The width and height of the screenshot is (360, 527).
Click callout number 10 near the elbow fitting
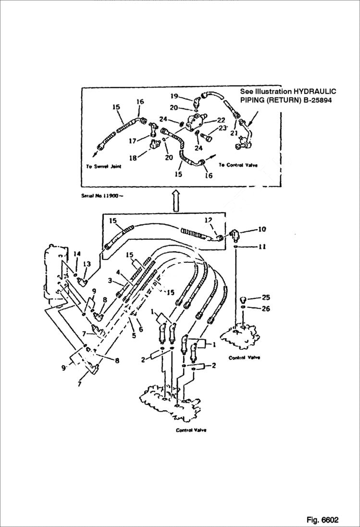(261, 230)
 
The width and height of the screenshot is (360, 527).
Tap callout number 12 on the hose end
(208, 220)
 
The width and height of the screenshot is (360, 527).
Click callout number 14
(76, 253)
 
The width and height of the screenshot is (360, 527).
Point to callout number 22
(221, 120)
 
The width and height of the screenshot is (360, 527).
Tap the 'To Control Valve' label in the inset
(238, 165)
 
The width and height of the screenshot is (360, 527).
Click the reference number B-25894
(315, 100)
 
